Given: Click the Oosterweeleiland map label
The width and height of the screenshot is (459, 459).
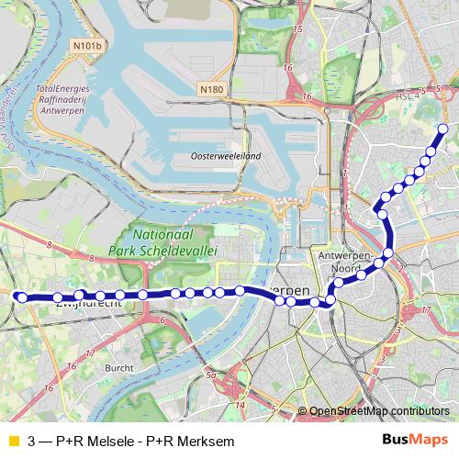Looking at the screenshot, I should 226,157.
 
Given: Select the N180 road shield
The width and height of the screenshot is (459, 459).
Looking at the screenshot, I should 210,89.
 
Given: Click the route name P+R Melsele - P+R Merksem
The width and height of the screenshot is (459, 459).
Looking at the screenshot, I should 145,441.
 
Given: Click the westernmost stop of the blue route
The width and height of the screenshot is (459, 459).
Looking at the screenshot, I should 19,297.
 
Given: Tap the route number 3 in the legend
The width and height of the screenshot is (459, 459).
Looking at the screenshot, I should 32,441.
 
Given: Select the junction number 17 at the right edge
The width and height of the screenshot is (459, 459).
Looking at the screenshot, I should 425,310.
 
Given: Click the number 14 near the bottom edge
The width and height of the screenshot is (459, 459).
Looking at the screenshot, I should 240,404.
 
